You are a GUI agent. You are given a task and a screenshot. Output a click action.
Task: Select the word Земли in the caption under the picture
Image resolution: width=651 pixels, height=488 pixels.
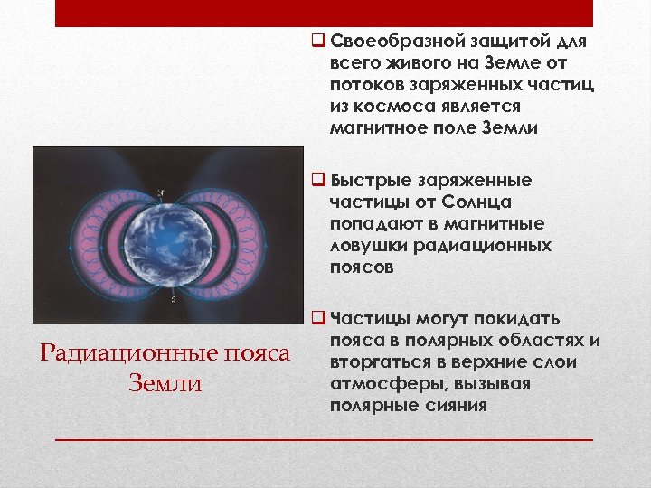click(165, 384)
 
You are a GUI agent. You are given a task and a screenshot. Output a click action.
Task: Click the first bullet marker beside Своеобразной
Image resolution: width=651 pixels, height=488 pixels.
click(316, 42)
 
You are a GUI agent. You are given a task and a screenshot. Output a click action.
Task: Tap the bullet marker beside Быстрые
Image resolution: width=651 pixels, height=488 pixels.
click(316, 180)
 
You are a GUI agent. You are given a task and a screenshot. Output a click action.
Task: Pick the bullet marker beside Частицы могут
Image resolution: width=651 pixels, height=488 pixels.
click(316, 319)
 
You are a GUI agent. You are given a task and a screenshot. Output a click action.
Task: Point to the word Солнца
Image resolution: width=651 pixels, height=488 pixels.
click(469, 202)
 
